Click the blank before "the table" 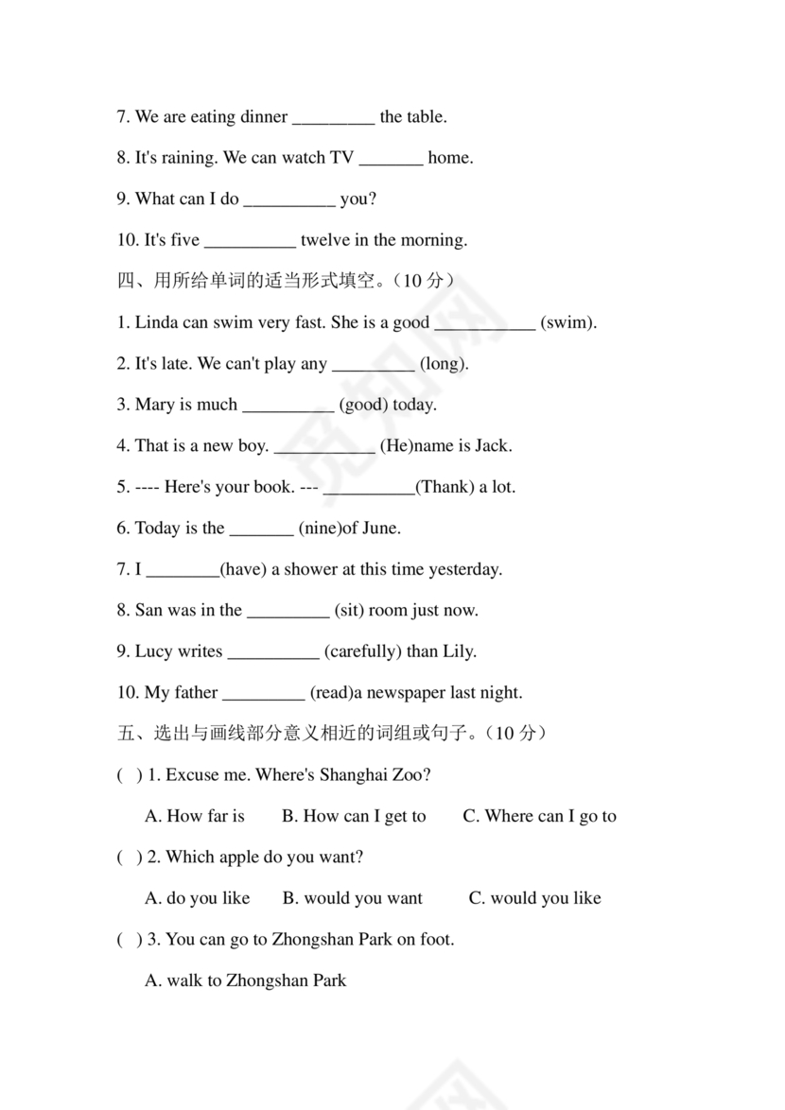333,118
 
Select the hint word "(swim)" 568,322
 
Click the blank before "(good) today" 288,406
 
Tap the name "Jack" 492,446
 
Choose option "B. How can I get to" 354,817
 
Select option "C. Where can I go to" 539,817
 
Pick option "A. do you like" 197,899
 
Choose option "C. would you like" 534,899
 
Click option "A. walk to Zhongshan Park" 245,981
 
